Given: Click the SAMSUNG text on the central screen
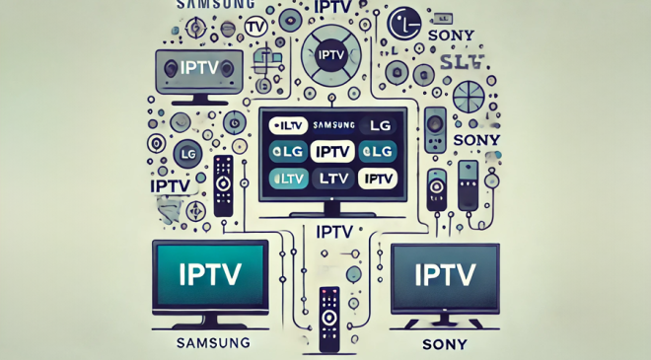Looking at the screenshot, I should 332,124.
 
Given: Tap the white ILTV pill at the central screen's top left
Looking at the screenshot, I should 286,125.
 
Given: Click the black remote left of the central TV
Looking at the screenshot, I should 223,184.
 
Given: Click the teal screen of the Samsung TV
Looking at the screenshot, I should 212,275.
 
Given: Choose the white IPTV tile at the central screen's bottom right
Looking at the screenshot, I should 377,179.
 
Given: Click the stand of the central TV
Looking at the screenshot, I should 329,209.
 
